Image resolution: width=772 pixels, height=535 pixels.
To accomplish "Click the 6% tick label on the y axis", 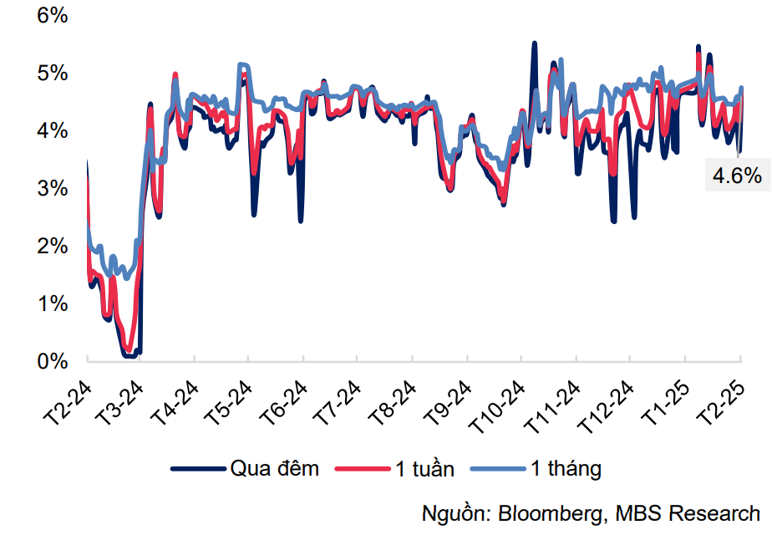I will coord(51,16).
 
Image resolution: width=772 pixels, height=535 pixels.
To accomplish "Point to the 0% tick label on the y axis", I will coord(51,361).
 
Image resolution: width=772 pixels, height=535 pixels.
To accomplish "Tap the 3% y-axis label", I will coord(51,189).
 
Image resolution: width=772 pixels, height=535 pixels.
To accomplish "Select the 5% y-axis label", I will coord(51,74).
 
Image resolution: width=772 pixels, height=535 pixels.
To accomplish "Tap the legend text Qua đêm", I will coord(275,469).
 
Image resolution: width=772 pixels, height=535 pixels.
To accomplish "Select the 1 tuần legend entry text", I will coord(425,469).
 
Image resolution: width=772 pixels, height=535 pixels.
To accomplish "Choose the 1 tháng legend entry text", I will coord(566,469).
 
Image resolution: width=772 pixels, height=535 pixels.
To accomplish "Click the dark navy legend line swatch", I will coord(199,469).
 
